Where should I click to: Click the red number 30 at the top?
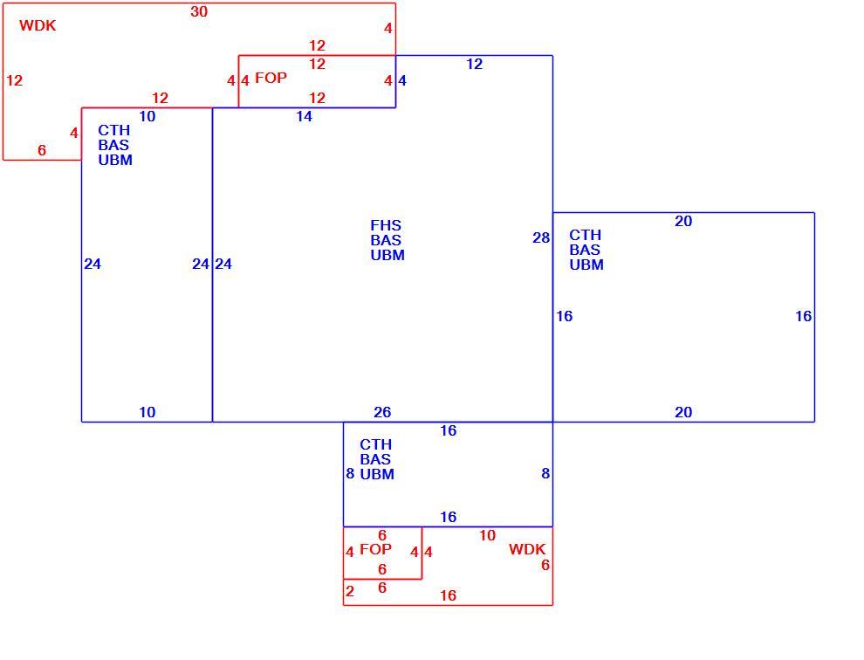click(x=199, y=11)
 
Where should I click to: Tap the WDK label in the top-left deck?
click(x=38, y=25)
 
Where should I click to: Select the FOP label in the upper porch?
click(x=271, y=78)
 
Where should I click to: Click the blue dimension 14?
click(x=305, y=116)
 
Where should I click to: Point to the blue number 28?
click(x=541, y=237)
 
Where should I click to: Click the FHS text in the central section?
click(x=386, y=225)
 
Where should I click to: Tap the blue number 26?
click(x=382, y=412)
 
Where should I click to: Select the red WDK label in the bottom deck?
click(x=527, y=549)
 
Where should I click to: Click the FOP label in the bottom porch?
click(x=375, y=549)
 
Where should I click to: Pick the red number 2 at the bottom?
click(x=350, y=592)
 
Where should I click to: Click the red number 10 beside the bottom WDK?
click(x=487, y=535)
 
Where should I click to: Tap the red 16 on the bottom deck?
click(x=448, y=595)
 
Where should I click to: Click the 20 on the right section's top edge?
click(x=683, y=221)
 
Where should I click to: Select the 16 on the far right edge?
click(x=804, y=316)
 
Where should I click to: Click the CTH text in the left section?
click(x=114, y=130)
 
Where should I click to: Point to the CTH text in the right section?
click(x=586, y=235)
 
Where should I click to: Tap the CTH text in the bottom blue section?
click(x=376, y=444)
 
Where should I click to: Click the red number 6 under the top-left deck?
click(x=42, y=150)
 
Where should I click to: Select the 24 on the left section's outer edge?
click(x=93, y=265)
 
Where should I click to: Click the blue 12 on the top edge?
click(x=475, y=64)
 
